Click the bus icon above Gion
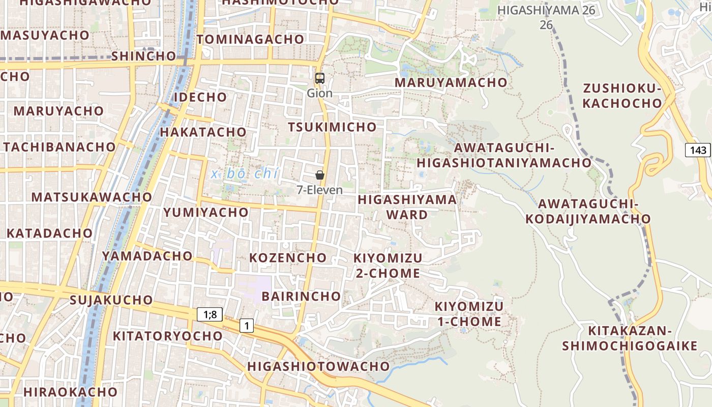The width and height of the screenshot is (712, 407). pos(319,78)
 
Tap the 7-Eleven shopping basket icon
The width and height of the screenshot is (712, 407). pos(319,175)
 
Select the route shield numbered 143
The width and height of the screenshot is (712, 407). pos(698,150)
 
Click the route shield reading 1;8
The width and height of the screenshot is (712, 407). pos(210,314)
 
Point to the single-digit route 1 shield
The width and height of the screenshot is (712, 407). pos(247,326)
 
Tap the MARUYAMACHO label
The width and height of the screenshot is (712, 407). pos(451,82)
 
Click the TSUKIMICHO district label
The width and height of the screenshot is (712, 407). pos(333,127)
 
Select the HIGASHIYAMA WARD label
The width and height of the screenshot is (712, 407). pos(407,207)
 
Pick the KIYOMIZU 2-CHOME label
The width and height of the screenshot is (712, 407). pos(388,266)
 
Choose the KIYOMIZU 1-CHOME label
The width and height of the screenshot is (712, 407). pos(468,314)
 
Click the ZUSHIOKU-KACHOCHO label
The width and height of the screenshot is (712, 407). pos(622,96)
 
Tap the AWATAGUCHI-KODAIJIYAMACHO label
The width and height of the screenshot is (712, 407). pos(587,211)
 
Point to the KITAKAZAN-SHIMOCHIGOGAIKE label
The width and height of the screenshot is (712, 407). pos(630,338)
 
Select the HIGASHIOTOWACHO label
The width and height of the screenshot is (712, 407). pos(318,366)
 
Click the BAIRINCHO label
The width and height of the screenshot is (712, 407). pos(301,296)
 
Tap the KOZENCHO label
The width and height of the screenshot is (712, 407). pos(288,257)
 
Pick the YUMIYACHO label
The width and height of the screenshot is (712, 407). pos(206,212)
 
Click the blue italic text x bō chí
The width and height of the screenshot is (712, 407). pos(245,174)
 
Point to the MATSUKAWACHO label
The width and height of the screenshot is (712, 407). pos(92,197)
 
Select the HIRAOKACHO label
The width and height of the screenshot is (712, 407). pos(70,392)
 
